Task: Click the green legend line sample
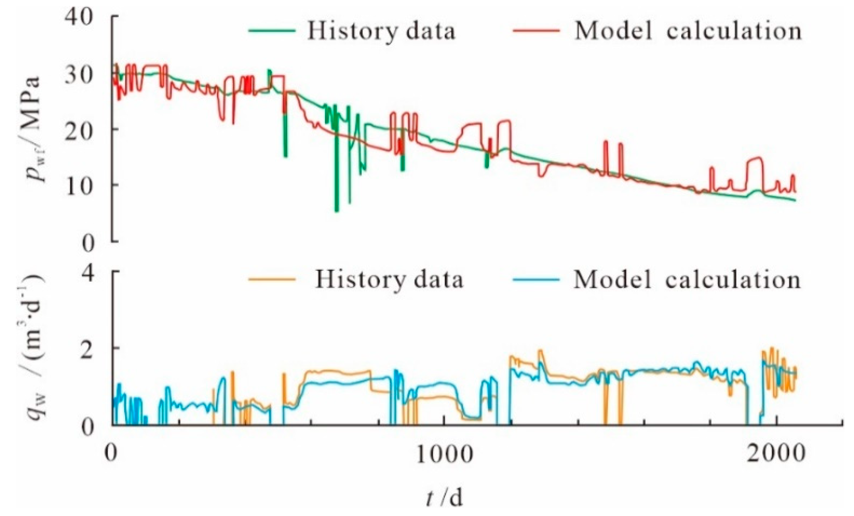point(272,30)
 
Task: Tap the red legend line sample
point(536,30)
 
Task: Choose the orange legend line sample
point(272,279)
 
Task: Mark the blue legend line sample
point(536,279)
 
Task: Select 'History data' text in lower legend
point(389,280)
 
